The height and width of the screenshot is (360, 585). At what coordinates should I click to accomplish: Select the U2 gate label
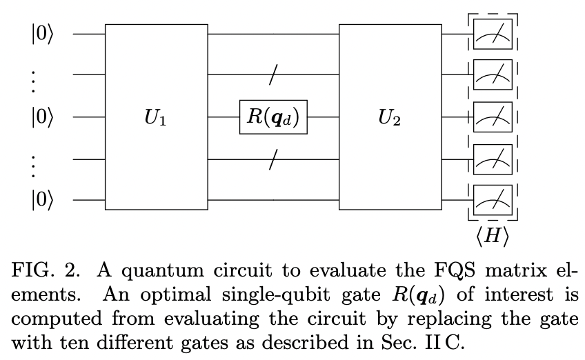pyautogui.click(x=390, y=118)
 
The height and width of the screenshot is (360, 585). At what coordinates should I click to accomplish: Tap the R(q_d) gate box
pyautogui.click(x=273, y=117)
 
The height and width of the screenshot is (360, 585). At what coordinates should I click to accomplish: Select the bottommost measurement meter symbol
pyautogui.click(x=493, y=201)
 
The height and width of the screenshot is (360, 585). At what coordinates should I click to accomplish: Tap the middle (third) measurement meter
pyautogui.click(x=493, y=118)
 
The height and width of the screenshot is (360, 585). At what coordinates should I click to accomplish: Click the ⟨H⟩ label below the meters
pyautogui.click(x=492, y=236)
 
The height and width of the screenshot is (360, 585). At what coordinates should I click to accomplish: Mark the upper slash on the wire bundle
pyautogui.click(x=273, y=76)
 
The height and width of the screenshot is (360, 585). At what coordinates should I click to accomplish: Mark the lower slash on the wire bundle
pyautogui.click(x=273, y=159)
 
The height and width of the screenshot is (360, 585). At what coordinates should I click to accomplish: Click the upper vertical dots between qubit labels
pyautogui.click(x=34, y=76)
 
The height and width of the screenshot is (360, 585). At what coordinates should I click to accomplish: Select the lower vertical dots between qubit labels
pyautogui.click(x=34, y=159)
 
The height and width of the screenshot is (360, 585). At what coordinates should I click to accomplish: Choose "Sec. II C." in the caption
pyautogui.click(x=428, y=343)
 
